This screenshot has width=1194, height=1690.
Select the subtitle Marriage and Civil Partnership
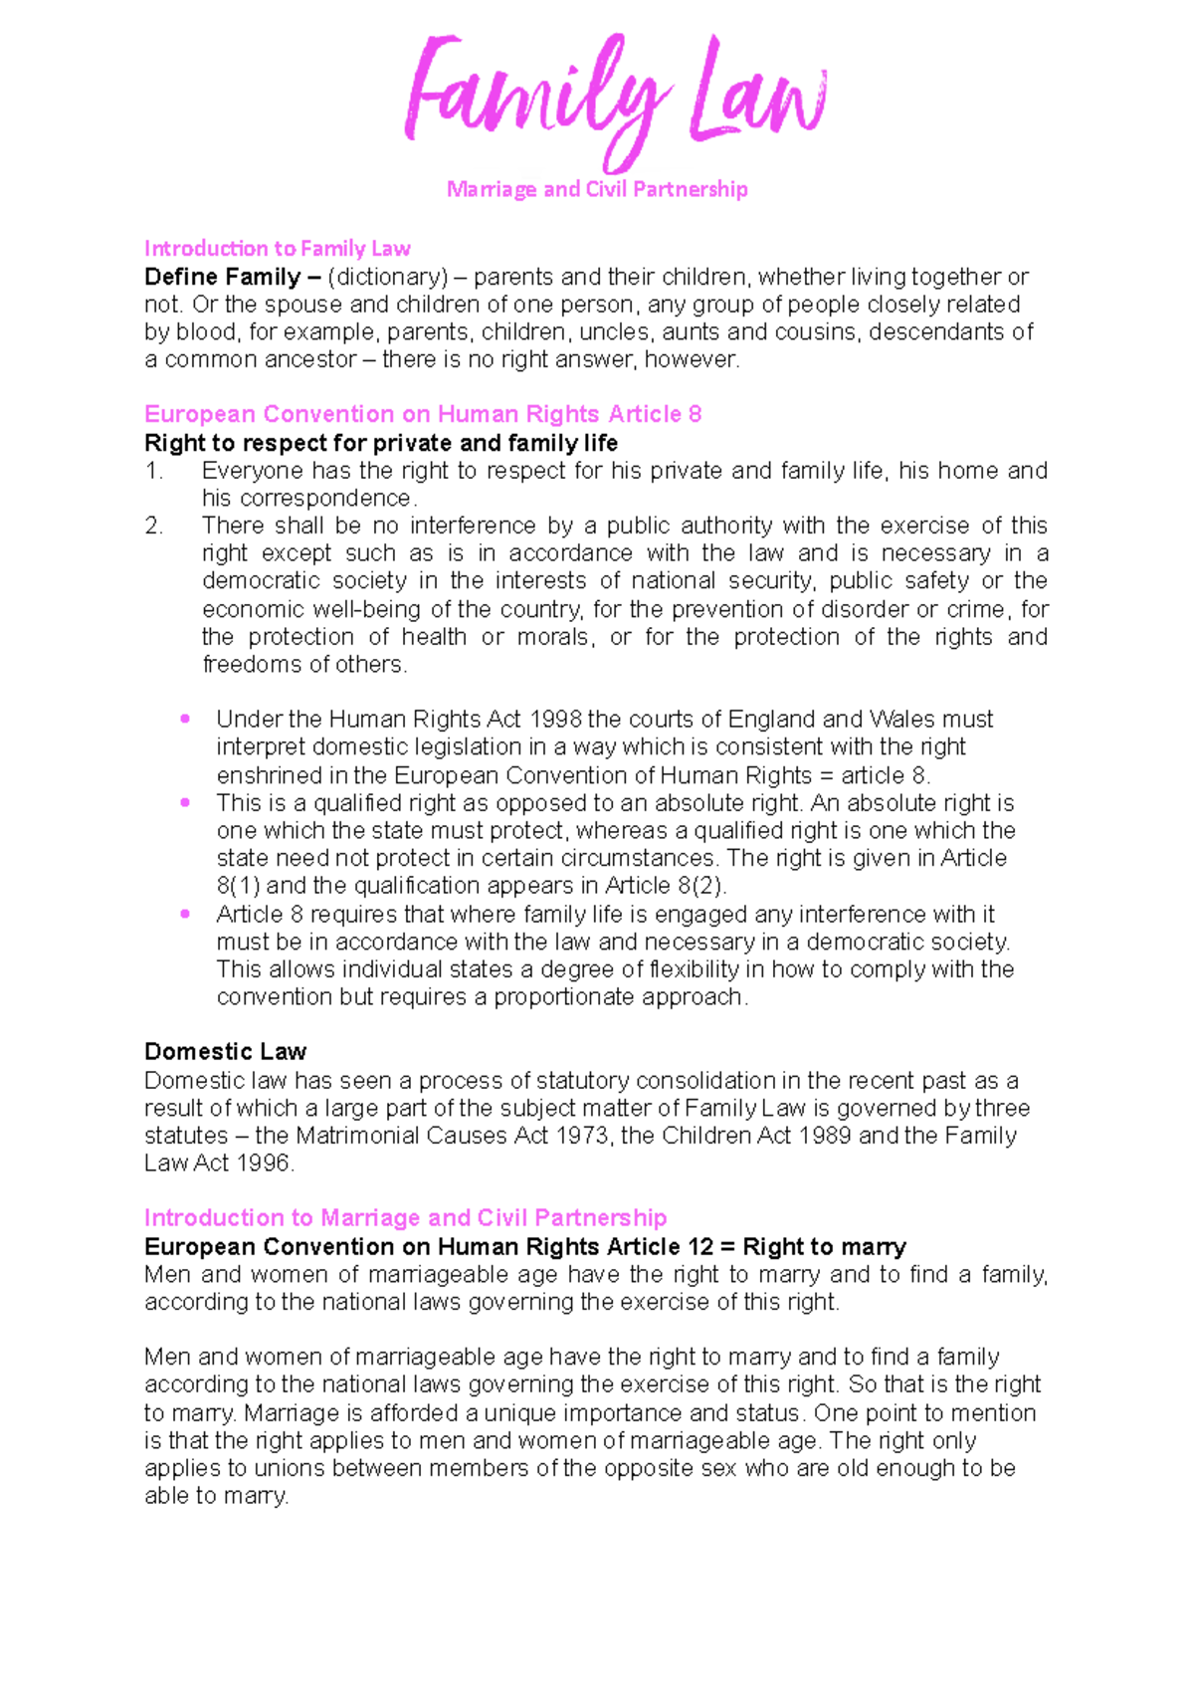597,189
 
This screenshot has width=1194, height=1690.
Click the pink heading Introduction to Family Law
277,248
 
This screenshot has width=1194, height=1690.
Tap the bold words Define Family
222,277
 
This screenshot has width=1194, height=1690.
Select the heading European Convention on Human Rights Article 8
423,414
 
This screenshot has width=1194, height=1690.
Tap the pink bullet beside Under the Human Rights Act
185,719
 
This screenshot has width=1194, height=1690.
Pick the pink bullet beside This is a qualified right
185,802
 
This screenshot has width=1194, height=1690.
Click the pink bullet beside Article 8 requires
185,914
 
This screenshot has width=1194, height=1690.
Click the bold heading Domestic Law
225,1052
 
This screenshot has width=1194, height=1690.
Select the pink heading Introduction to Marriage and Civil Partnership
405,1218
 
